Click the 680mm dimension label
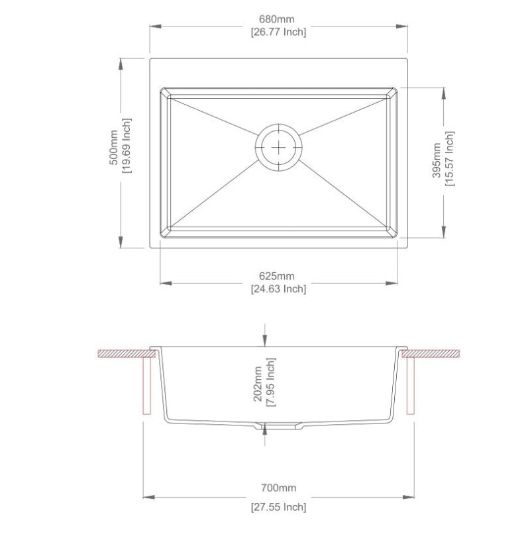(x=278, y=19)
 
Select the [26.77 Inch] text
(x=278, y=32)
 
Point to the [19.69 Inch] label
(x=127, y=147)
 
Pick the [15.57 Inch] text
(x=450, y=160)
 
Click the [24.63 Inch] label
(x=278, y=289)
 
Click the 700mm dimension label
(x=278, y=488)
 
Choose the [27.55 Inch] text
(x=278, y=508)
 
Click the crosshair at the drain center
(x=279, y=146)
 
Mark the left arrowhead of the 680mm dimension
(x=153, y=27)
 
